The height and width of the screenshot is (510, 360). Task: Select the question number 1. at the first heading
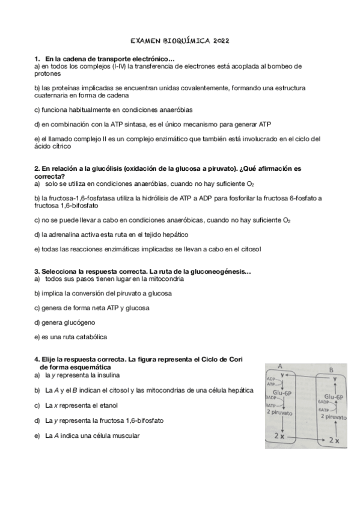pyautogui.click(x=37, y=58)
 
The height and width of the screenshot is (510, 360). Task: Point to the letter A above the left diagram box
pyautogui.click(x=281, y=366)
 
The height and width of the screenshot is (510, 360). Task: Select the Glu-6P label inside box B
pyautogui.click(x=332, y=397)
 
